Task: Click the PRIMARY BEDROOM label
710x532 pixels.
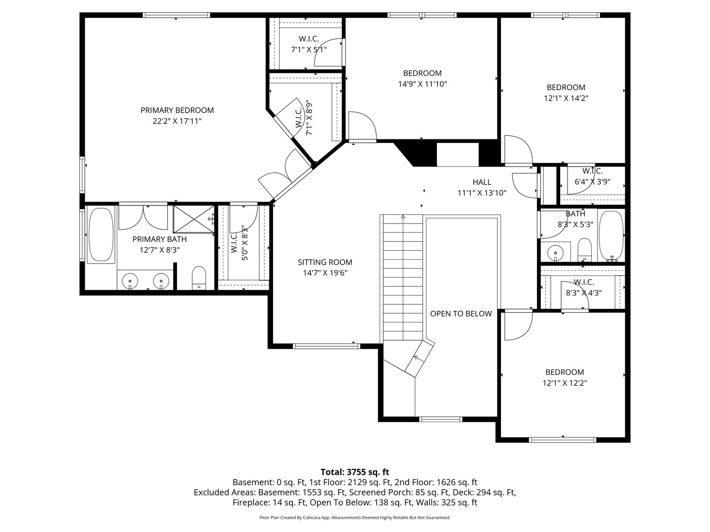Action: [177, 110]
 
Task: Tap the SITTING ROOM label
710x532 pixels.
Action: [325, 262]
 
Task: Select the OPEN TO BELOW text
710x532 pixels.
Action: [461, 313]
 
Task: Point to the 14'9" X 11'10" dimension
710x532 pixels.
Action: [422, 84]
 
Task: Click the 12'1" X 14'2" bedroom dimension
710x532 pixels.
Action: [566, 98]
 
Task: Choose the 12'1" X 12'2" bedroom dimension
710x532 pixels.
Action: [565, 383]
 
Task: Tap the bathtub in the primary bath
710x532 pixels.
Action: [101, 234]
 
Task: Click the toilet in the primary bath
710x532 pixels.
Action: [199, 277]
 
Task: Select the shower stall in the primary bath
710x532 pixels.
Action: [194, 219]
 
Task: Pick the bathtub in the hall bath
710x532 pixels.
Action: [611, 235]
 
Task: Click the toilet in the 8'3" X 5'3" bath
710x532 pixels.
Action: [584, 250]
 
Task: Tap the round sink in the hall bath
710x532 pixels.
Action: [555, 252]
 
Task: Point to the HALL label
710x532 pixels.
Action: [482, 182]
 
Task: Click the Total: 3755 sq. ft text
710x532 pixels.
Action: [355, 472]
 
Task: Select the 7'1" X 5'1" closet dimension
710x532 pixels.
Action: [309, 50]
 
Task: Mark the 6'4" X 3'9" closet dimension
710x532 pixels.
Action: [592, 182]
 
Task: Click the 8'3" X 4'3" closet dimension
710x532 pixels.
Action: [583, 293]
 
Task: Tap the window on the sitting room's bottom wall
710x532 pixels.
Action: [326, 346]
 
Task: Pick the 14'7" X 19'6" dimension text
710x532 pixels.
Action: [325, 273]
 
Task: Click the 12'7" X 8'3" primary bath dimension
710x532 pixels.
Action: [159, 250]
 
